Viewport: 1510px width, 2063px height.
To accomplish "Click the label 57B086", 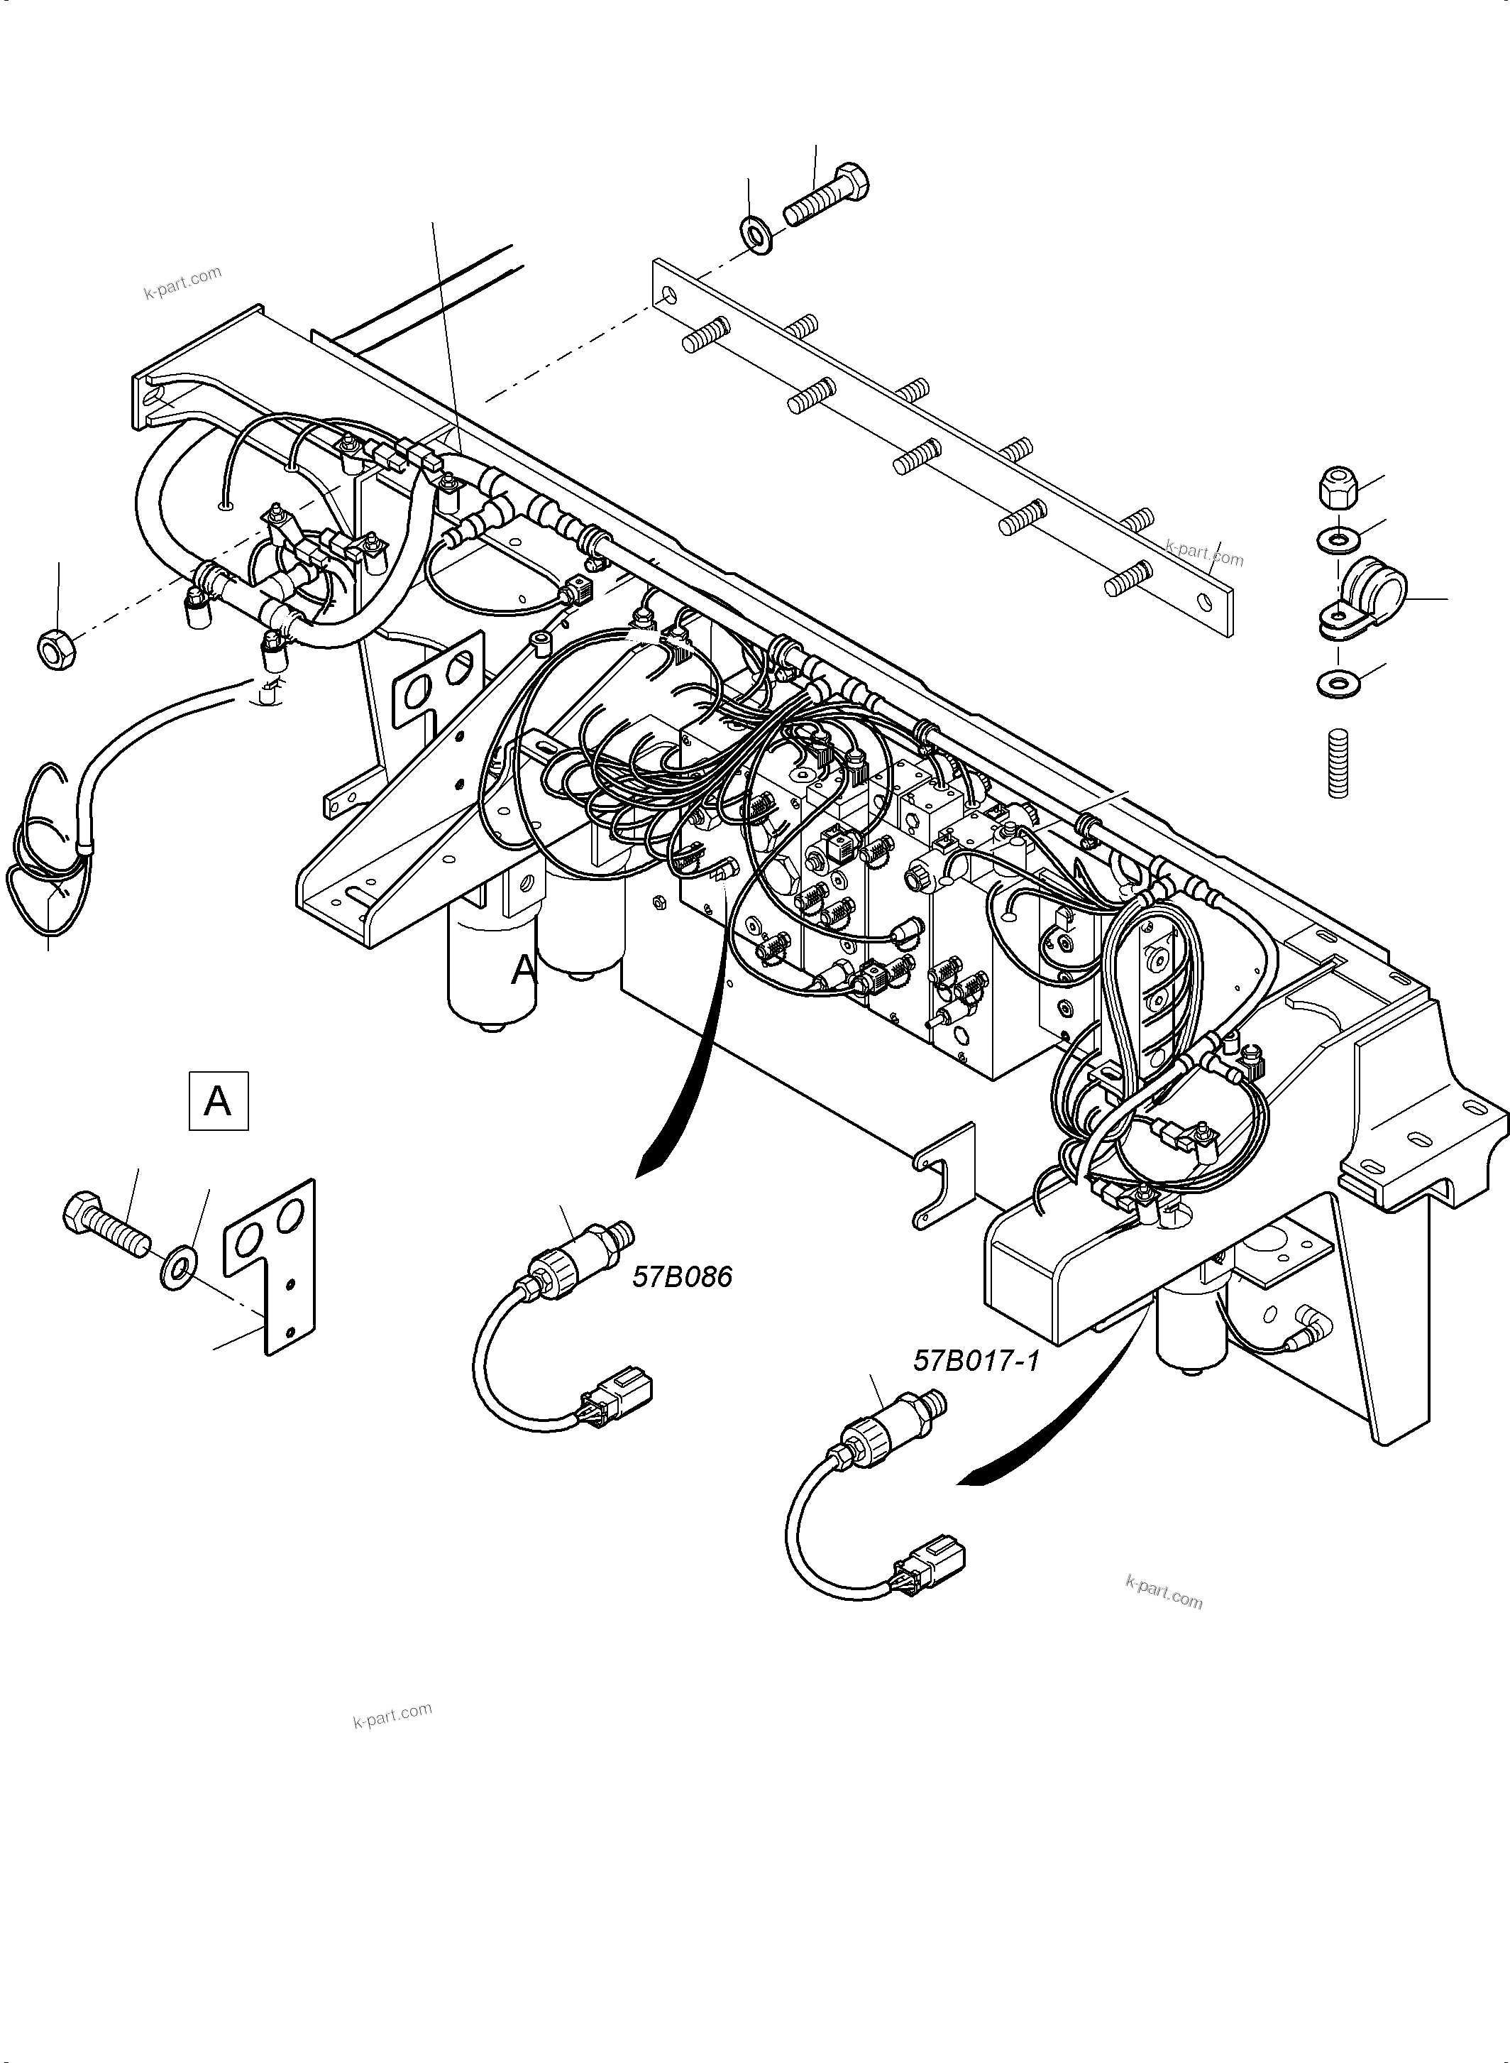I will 682,1276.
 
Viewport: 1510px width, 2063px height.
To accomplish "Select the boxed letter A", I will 218,1101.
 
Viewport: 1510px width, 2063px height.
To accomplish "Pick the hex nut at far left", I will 57,648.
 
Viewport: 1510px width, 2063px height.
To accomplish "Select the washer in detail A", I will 178,1269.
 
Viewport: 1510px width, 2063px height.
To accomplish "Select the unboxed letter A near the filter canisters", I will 524,969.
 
